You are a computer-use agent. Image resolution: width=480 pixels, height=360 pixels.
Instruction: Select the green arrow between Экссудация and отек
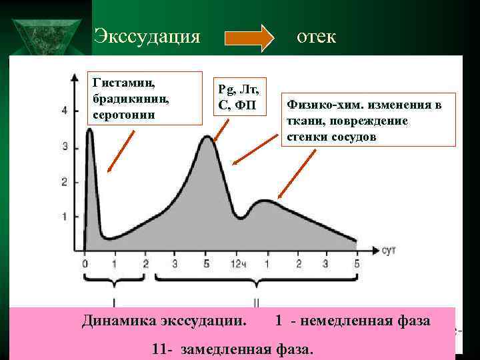click(x=249, y=38)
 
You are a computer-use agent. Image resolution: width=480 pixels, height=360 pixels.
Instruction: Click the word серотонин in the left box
click(x=125, y=115)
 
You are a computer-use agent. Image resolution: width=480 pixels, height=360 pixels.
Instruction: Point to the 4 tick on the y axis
click(x=65, y=111)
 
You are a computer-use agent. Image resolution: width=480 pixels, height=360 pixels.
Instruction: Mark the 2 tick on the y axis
click(x=65, y=181)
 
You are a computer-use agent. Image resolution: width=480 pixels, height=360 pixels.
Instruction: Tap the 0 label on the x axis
click(x=85, y=263)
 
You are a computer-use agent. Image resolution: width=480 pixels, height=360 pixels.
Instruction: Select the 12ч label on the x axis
click(x=237, y=263)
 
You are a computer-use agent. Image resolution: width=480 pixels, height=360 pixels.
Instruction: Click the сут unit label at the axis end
click(x=390, y=250)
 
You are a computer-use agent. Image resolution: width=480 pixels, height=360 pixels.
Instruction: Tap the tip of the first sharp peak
click(x=90, y=130)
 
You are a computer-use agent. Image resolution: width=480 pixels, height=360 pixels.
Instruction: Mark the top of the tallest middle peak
click(x=207, y=137)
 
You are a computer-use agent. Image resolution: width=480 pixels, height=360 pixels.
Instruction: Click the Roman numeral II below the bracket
click(x=255, y=301)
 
